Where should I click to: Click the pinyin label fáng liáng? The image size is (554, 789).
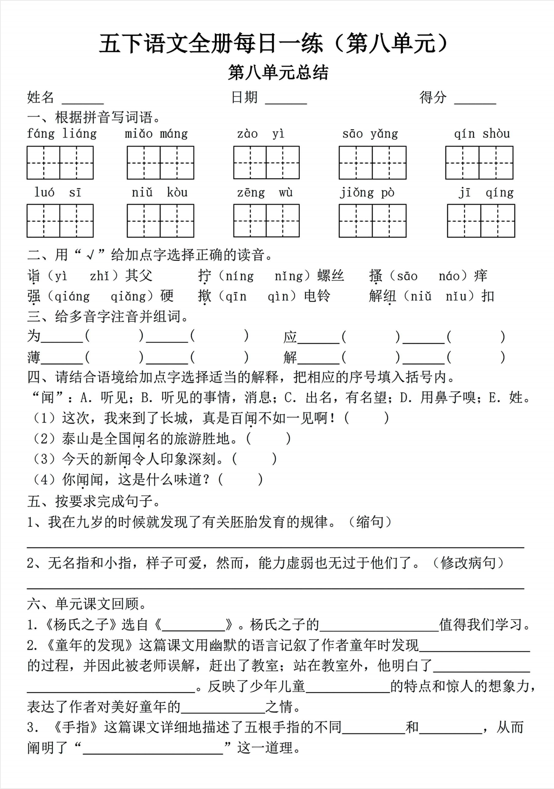pos(62,134)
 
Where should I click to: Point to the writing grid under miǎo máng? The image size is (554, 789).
pos(161,163)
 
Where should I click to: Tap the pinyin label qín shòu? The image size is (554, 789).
pos(482,134)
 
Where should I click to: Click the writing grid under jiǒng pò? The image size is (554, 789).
pos(372,221)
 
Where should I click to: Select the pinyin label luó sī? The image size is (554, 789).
pos(58,192)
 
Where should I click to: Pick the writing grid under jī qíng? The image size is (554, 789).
pos(481,221)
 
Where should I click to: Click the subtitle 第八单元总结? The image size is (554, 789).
pos(278,73)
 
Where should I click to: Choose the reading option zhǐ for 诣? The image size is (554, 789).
pos(99,276)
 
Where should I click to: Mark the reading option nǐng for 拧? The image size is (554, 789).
pos(288,276)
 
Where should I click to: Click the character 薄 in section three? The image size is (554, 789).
pos(34,357)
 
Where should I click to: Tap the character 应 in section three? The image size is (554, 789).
pos(290,337)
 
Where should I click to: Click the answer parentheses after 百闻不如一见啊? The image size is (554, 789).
pos(366,418)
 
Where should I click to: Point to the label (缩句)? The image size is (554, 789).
pos(370,522)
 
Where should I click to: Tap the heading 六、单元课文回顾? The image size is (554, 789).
pos(87,604)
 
